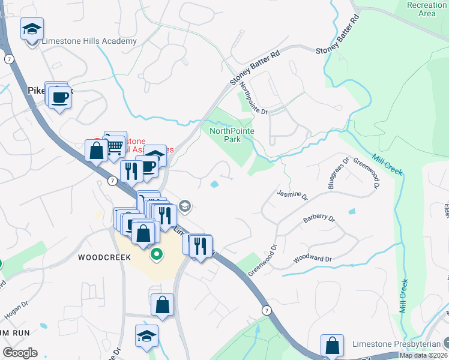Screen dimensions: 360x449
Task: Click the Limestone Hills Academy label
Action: coord(89,41)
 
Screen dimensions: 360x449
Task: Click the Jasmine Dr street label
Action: coord(292,195)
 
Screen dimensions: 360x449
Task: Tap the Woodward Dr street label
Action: coord(312,259)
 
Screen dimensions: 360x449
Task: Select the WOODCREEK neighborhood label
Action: coord(104,257)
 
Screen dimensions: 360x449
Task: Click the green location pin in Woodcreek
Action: coord(157,254)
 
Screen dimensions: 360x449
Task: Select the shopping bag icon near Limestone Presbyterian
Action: coord(332,345)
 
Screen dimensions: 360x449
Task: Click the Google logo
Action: coord(20,353)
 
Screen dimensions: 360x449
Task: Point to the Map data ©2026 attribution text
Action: coord(423,355)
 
